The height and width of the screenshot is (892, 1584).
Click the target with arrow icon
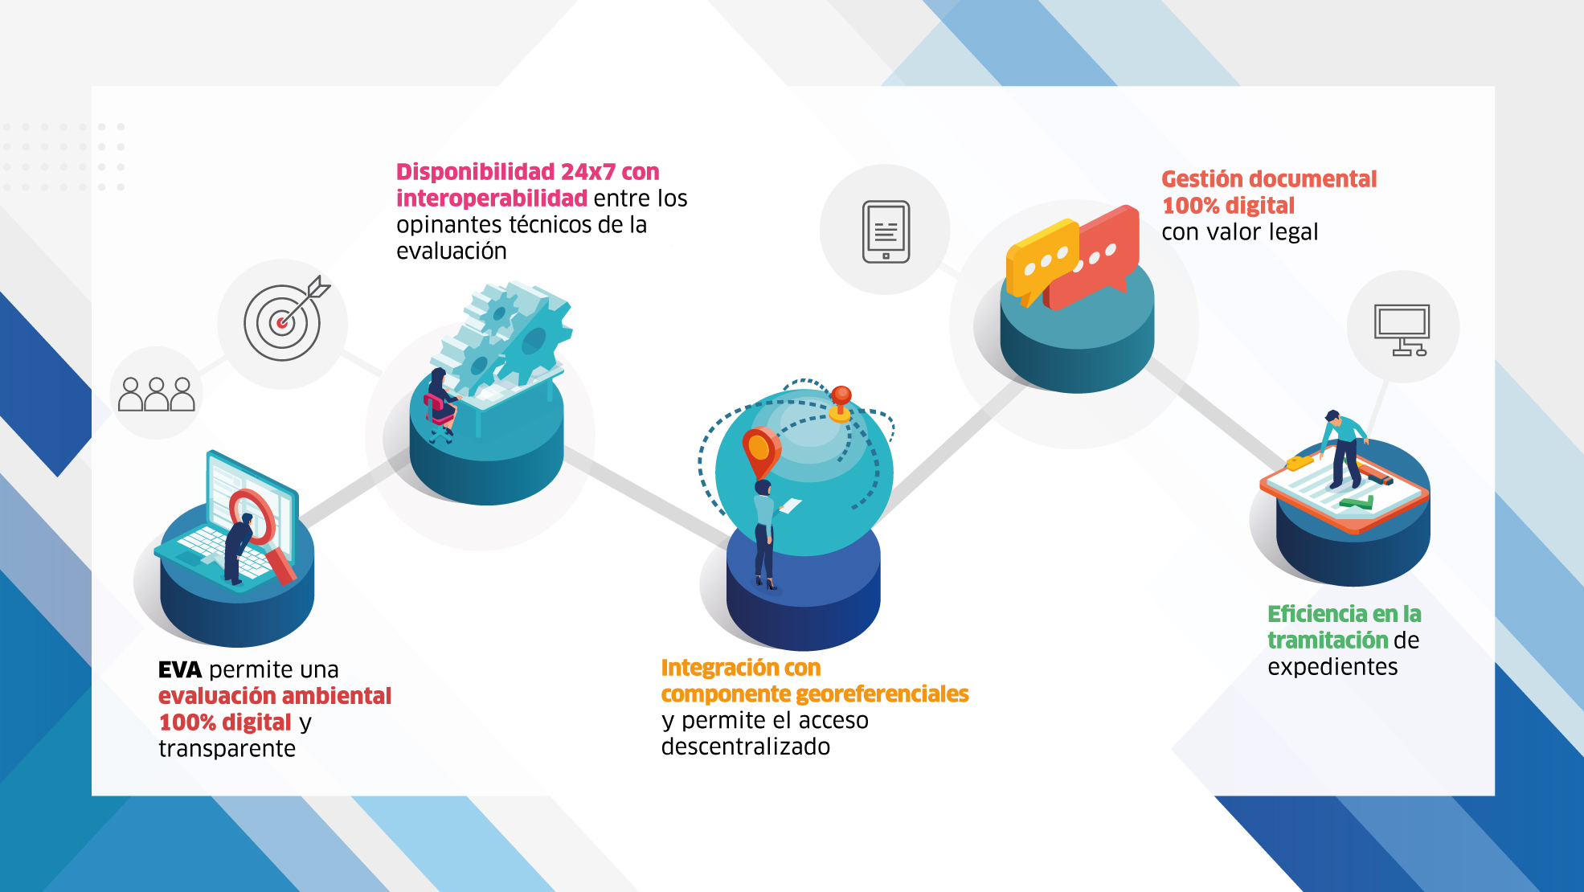(x=285, y=320)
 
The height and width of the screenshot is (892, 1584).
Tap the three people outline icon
(x=157, y=395)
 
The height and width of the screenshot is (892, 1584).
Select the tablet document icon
(x=886, y=231)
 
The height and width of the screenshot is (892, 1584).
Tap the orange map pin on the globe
(x=759, y=452)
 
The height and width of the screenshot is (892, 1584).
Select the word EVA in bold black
(x=180, y=669)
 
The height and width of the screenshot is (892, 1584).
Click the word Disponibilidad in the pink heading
(x=476, y=172)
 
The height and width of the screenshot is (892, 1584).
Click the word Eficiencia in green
(x=1317, y=614)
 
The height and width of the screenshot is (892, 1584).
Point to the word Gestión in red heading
(x=1206, y=178)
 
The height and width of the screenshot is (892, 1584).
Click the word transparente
(x=227, y=749)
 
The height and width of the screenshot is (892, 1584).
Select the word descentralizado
(x=746, y=747)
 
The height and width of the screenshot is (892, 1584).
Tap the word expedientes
(x=1332, y=667)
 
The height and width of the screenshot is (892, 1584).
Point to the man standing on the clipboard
(x=1343, y=448)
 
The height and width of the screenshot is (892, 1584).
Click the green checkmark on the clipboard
(x=1357, y=503)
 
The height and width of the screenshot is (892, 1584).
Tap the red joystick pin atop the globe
(x=841, y=403)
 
